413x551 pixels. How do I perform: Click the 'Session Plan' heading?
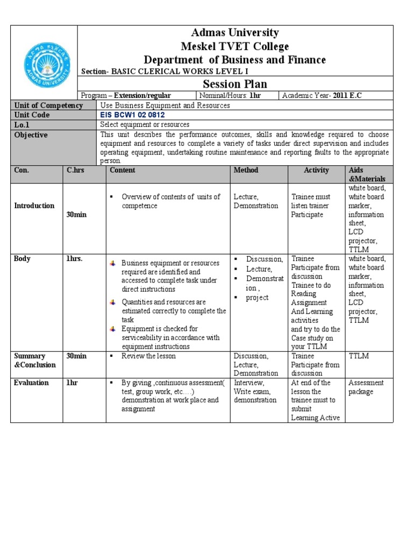[234, 84]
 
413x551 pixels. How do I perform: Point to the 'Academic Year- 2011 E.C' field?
[322, 96]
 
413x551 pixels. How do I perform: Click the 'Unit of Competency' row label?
[48, 105]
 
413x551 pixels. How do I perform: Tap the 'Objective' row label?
[31, 135]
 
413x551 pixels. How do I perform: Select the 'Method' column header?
[246, 170]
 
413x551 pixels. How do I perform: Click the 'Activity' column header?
[316, 170]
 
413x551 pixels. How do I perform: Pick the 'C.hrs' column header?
[76, 170]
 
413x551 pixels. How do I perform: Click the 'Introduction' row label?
[34, 206]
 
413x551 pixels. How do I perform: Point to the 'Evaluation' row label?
[32, 383]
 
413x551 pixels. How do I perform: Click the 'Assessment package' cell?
[366, 387]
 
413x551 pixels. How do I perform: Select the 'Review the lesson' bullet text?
[148, 356]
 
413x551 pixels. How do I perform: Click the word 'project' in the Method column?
[257, 298]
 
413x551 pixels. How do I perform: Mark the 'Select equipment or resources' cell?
[145, 124]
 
